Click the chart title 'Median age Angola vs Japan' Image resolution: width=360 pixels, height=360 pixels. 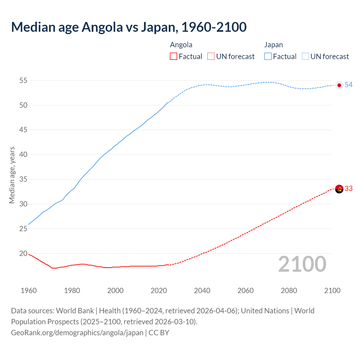pyautogui.click(x=129, y=27)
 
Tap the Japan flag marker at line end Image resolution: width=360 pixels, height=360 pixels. pyautogui.click(x=339, y=85)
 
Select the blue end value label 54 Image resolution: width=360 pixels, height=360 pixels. pyautogui.click(x=349, y=85)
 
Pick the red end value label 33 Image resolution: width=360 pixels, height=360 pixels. pyautogui.click(x=349, y=188)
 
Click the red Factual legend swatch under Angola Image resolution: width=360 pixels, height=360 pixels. pyautogui.click(x=174, y=57)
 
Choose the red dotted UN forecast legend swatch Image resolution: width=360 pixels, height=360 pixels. pyautogui.click(x=211, y=57)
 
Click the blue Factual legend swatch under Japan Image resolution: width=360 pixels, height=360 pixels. pyautogui.click(x=268, y=57)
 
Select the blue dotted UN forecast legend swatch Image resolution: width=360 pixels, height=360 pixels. pyautogui.click(x=305, y=57)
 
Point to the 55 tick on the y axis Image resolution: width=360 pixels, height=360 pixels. pyautogui.click(x=23, y=81)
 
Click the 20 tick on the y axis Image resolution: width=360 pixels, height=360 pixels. pyautogui.click(x=23, y=254)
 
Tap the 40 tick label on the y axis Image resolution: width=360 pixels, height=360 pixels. pyautogui.click(x=23, y=155)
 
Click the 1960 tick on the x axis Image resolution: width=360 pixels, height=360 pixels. pyautogui.click(x=29, y=291)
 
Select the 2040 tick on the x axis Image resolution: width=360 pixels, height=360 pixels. pyautogui.click(x=202, y=291)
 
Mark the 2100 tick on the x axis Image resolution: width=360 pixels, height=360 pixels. pyautogui.click(x=332, y=291)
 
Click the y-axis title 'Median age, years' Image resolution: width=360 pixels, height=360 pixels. pyautogui.click(x=12, y=175)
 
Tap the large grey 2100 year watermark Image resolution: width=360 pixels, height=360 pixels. pyautogui.click(x=302, y=264)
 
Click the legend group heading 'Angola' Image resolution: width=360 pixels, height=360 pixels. pyautogui.click(x=181, y=45)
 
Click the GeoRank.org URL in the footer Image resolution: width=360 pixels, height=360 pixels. pyautogui.click(x=77, y=333)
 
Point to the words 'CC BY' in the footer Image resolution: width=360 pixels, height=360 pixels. pyautogui.click(x=159, y=333)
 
